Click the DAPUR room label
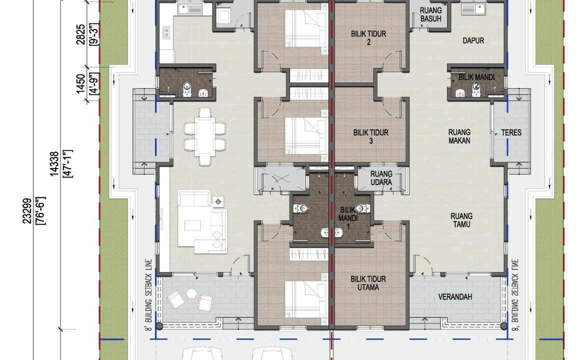[473, 40]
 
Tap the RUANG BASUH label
[431, 14]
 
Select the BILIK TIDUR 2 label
[368, 38]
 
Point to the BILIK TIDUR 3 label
[371, 136]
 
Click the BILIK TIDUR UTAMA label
[368, 283]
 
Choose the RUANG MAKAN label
[459, 136]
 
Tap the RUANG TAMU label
[461, 220]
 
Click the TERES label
[511, 132]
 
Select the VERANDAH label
[455, 297]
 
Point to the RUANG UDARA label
[381, 178]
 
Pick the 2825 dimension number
[80, 34]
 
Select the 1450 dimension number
[80, 84]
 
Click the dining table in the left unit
[205, 136]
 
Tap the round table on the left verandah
[191, 293]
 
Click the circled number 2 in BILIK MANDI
[476, 86]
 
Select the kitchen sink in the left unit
[189, 8]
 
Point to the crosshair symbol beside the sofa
[218, 201]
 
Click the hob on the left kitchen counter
[166, 32]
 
